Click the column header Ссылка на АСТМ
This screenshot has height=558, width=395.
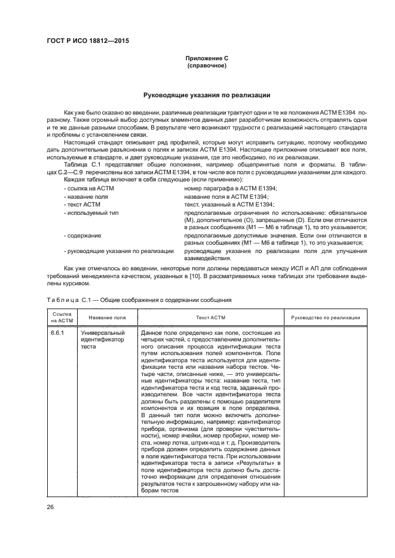point(62,317)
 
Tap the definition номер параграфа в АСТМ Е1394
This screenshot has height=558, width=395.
point(226,189)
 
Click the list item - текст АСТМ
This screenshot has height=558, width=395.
point(79,204)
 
